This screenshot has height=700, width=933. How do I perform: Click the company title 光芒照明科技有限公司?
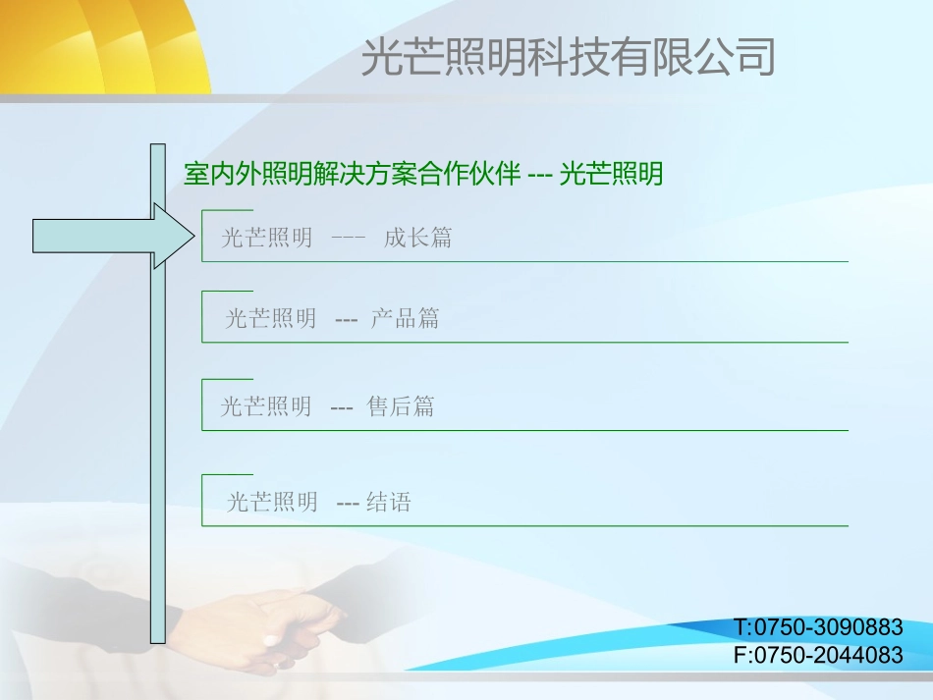568,57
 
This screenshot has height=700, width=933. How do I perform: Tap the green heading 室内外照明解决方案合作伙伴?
351,175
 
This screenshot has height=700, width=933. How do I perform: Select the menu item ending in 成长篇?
336,238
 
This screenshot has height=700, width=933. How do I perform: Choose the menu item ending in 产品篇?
332,318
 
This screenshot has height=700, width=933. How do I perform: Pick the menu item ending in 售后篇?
327,406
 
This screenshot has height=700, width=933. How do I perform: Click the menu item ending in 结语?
318,503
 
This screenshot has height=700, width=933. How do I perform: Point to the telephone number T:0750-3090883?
817,627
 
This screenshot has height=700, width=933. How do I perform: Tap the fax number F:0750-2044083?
817,655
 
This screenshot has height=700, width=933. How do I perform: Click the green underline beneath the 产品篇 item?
530,342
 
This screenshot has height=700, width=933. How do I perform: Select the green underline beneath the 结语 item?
530,525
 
